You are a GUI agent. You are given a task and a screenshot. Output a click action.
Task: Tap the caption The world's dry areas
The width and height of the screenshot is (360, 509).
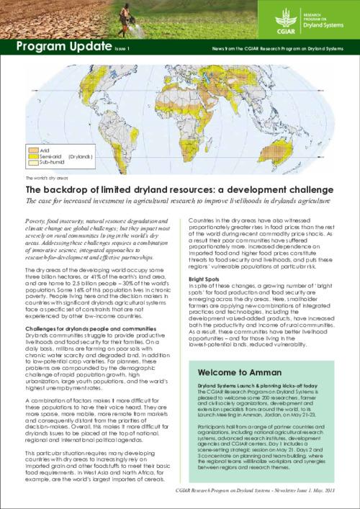(45, 176)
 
